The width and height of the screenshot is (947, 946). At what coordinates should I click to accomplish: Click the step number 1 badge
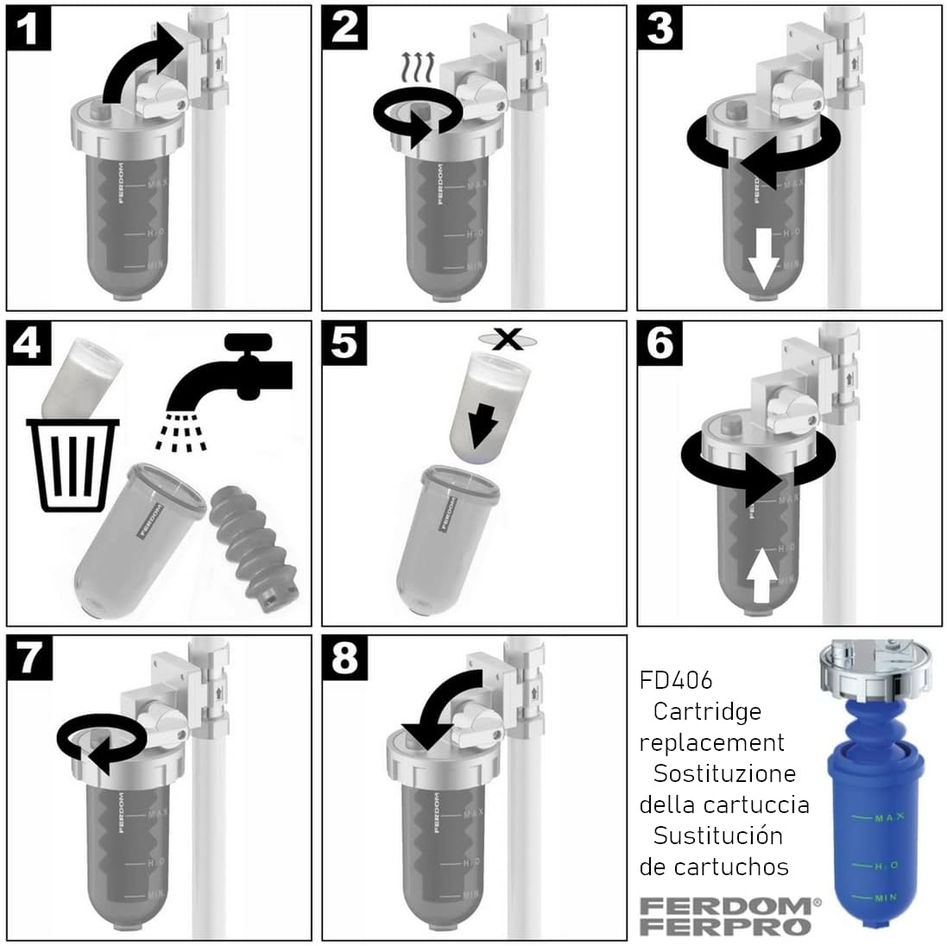[30, 29]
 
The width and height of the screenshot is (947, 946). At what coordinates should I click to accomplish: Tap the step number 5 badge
[344, 343]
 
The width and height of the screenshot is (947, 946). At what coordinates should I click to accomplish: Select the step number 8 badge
[344, 659]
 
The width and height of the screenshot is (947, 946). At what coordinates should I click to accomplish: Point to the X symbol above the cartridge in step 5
[510, 339]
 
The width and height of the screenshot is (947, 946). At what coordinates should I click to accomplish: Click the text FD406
[677, 680]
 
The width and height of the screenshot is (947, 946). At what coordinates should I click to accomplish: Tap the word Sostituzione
[724, 773]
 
